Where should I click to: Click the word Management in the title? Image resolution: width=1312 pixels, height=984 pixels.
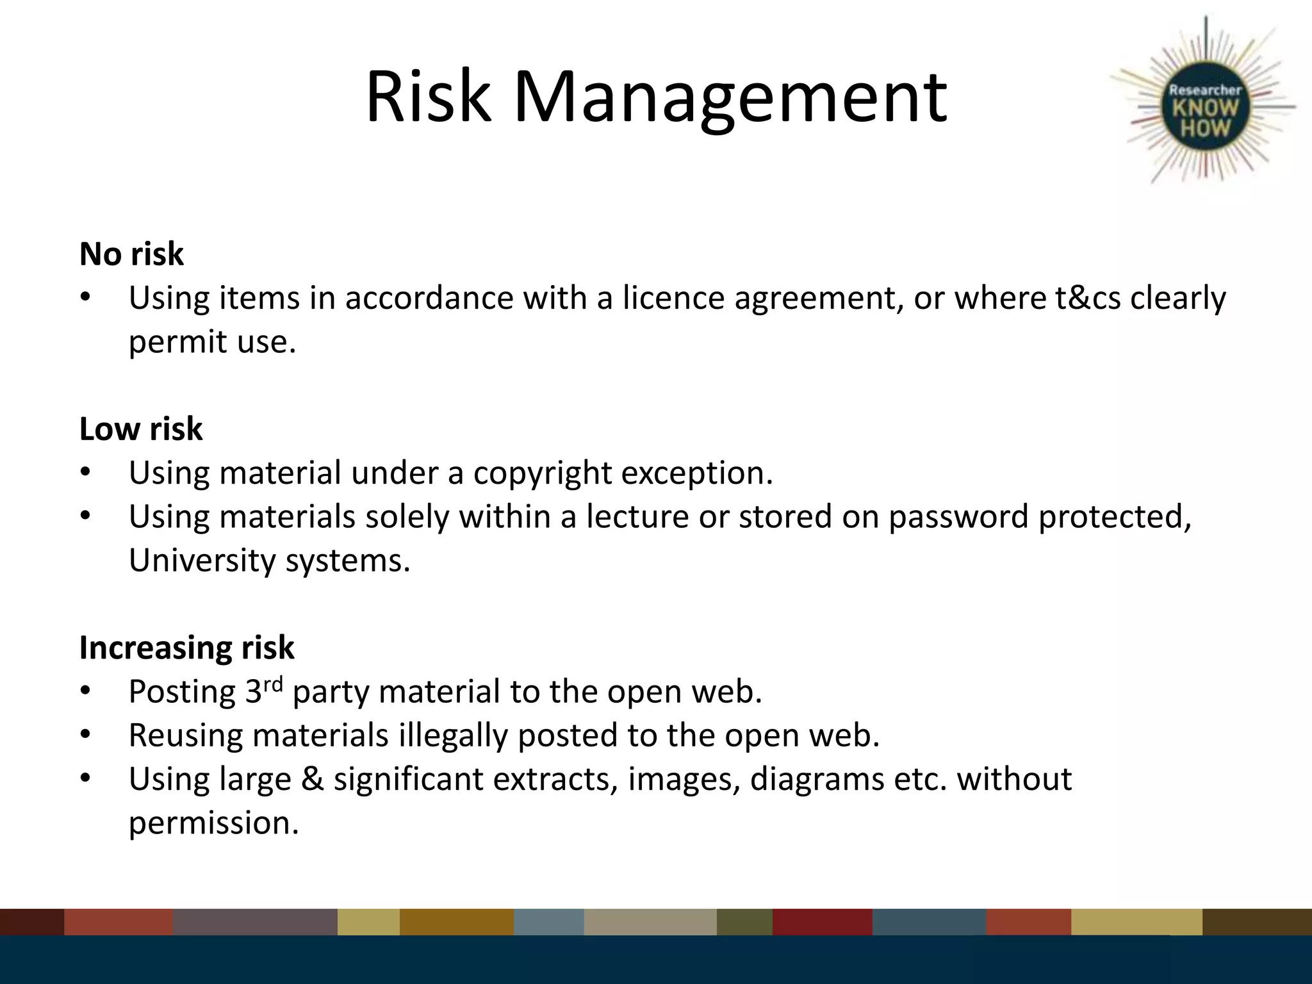[x=730, y=97]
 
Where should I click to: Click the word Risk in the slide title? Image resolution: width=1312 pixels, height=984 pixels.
[x=427, y=97]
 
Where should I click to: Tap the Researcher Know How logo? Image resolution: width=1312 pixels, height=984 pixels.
[x=1204, y=109]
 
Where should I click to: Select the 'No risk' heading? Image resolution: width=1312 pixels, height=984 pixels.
[x=131, y=254]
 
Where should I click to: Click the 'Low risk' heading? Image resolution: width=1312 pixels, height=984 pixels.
[x=141, y=429]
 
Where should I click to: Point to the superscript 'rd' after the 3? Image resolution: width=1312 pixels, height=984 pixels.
[x=273, y=684]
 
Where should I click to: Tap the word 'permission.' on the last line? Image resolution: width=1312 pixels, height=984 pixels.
[x=214, y=823]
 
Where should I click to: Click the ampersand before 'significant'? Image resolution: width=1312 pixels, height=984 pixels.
[x=312, y=779]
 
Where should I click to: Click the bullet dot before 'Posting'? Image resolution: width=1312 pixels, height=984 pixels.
[x=86, y=692]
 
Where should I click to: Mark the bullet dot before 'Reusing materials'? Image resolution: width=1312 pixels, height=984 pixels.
[x=86, y=735]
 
